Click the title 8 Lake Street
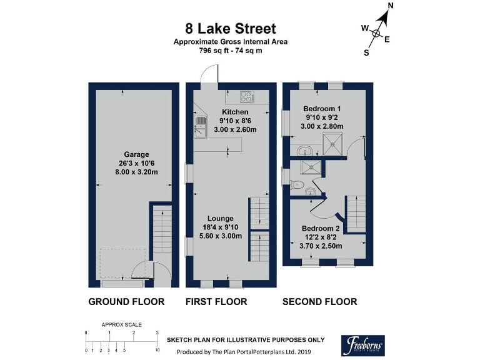point(230,29)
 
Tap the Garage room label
point(136,154)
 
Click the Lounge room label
point(221,218)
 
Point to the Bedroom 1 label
point(322,108)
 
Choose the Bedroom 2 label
point(321,228)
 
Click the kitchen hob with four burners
point(247,97)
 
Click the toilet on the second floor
point(296,184)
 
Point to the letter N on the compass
point(391,6)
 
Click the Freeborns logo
point(363,344)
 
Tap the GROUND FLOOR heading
point(126,302)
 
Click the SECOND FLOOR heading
point(319,302)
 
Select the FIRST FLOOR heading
point(216,302)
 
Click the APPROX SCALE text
point(122,325)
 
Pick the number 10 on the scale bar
point(157,351)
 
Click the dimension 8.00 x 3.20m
point(136,172)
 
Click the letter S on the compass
point(366,53)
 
